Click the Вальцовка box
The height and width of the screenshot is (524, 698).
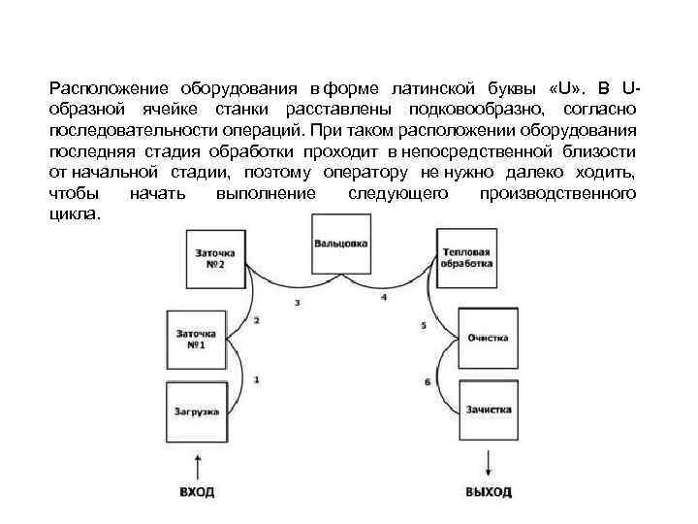tap(340, 243)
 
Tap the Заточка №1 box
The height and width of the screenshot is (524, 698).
tap(196, 339)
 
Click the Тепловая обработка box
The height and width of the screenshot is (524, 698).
tap(464, 258)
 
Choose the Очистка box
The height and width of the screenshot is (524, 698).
tap(488, 338)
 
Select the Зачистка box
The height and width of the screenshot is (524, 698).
tap(488, 409)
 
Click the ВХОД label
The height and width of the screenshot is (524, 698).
tap(197, 492)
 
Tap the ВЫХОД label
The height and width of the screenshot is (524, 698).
tap(488, 492)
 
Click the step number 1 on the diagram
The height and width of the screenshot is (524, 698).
tap(256, 379)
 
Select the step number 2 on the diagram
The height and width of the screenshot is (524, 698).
tap(256, 320)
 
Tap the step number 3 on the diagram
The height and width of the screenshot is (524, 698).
tap(297, 304)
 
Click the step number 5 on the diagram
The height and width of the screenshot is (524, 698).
tap(424, 326)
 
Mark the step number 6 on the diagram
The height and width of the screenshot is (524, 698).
tap(428, 381)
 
